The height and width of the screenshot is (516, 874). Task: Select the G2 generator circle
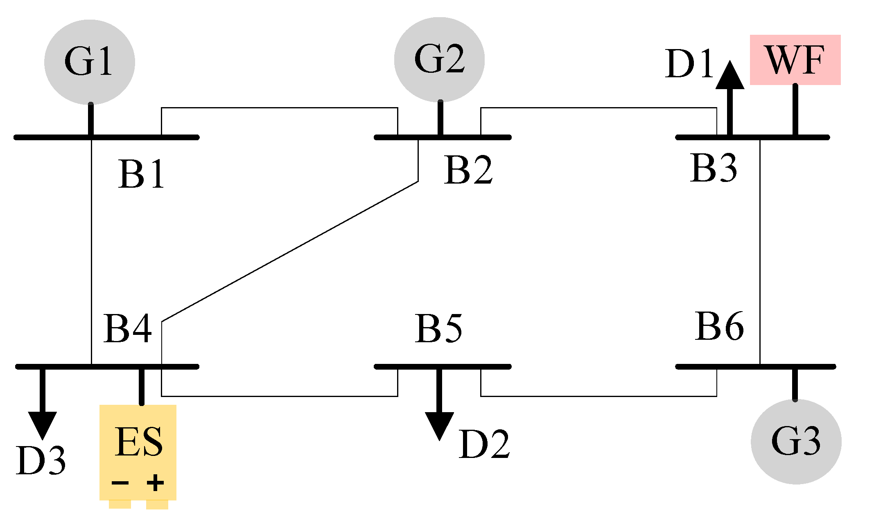pyautogui.click(x=439, y=60)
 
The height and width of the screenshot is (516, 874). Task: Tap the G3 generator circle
pyautogui.click(x=796, y=442)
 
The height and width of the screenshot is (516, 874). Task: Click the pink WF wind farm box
pyautogui.click(x=795, y=60)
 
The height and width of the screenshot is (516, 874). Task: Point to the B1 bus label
pyautogui.click(x=141, y=174)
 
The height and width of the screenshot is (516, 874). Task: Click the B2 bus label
pyautogui.click(x=468, y=170)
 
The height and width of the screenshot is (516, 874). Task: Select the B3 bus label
pyautogui.click(x=713, y=168)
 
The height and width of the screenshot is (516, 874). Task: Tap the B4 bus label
pyautogui.click(x=127, y=328)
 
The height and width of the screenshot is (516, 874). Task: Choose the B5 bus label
pyautogui.click(x=438, y=328)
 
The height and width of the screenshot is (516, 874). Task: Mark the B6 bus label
pyautogui.click(x=719, y=326)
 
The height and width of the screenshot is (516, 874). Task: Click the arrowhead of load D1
pyautogui.click(x=730, y=76)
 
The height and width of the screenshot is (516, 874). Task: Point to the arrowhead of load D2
pyautogui.click(x=439, y=425)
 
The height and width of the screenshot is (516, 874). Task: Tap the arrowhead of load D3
pyautogui.click(x=42, y=424)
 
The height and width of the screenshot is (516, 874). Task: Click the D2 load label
pyautogui.click(x=484, y=444)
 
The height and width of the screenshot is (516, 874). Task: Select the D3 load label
pyautogui.click(x=41, y=461)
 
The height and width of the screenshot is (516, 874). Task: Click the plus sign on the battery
pyautogui.click(x=155, y=483)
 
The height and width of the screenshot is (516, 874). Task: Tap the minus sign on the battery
pyautogui.click(x=120, y=483)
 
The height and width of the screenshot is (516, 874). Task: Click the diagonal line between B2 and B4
pyautogui.click(x=290, y=251)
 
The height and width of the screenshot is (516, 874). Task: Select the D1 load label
pyautogui.click(x=689, y=63)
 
